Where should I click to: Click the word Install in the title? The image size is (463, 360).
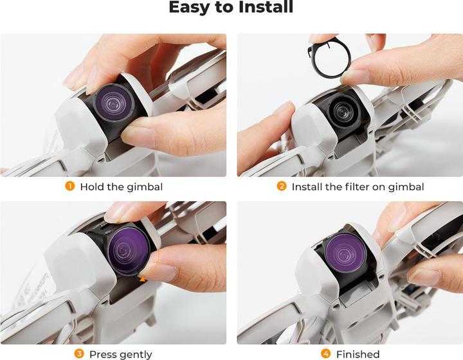266,6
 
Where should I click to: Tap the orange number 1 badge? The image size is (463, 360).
69,186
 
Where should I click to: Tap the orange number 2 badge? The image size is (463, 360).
282,186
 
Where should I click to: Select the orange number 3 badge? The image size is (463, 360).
79,354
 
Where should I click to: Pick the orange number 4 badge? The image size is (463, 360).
325,354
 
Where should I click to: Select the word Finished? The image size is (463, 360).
358,354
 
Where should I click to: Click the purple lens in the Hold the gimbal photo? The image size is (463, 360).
114,102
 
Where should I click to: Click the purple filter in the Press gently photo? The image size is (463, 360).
129,248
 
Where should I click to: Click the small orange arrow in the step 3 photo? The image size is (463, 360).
142,279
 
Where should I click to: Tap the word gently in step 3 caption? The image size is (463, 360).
136,355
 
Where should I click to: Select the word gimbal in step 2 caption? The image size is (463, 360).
406,187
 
